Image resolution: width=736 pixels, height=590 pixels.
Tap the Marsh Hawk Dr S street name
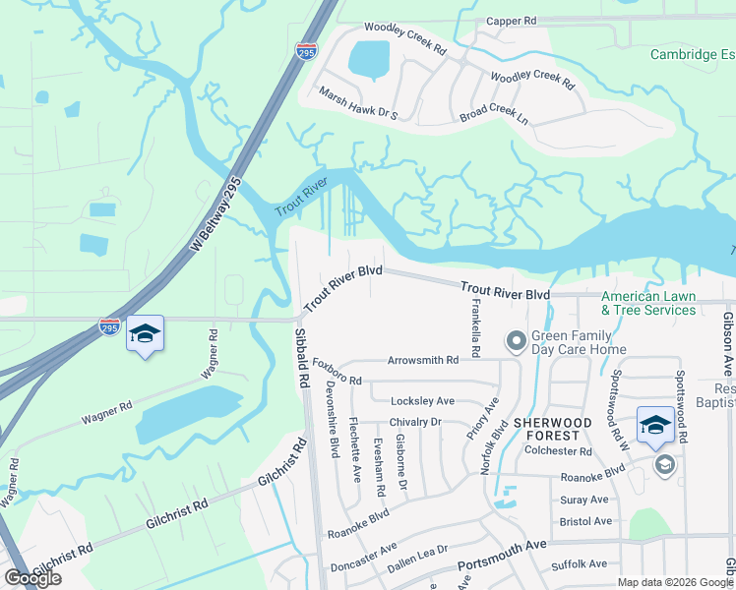(358, 102)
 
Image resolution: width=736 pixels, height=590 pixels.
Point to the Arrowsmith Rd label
(423, 361)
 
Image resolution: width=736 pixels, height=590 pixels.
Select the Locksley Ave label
(422, 401)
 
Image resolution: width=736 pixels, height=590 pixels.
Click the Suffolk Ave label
(580, 564)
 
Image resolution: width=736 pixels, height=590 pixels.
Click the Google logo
(32, 579)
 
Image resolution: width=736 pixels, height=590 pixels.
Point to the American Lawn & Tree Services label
(648, 303)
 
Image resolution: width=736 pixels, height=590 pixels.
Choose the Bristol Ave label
(584, 521)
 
